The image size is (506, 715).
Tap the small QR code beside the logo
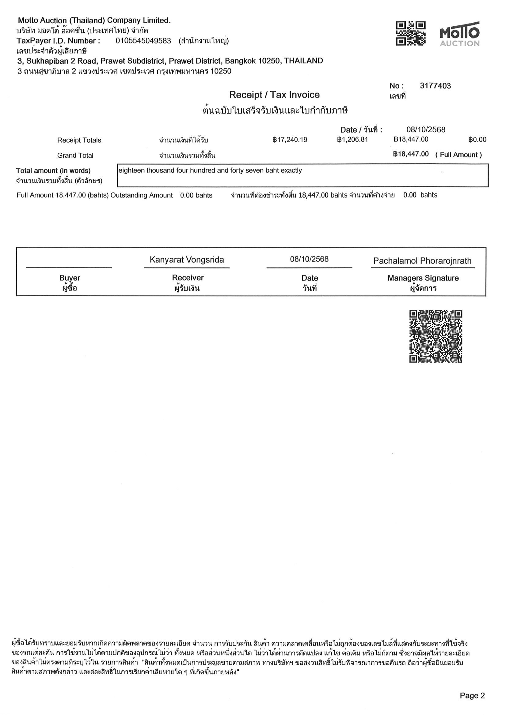(411, 33)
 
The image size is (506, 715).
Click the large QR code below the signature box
(436, 336)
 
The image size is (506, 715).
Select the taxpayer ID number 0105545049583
(143, 41)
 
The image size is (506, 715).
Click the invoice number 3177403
(435, 86)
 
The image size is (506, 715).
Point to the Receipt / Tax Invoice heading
(274, 95)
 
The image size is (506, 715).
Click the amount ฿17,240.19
(290, 140)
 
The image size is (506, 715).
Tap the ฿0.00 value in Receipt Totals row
(477, 140)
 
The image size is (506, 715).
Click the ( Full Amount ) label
(458, 155)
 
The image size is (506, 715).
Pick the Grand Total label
(75, 155)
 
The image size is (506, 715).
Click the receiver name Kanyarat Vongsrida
(187, 260)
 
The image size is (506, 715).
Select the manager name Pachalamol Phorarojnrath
(422, 261)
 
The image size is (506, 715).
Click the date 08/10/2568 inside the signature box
(309, 259)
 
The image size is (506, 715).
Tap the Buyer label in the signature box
(70, 278)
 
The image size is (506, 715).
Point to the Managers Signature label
(423, 278)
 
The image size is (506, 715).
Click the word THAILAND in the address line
(303, 61)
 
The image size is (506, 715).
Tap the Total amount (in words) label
(53, 171)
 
